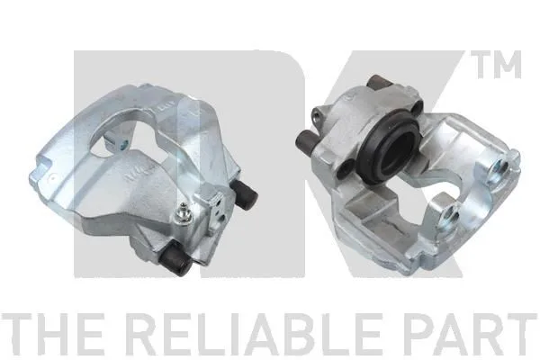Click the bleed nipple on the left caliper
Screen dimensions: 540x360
[182, 214]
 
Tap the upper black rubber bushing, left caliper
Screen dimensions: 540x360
[246, 195]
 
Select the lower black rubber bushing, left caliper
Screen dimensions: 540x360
[176, 257]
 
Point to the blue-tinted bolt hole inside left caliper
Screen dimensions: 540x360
[123, 143]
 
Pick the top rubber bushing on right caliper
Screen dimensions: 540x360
[379, 83]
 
